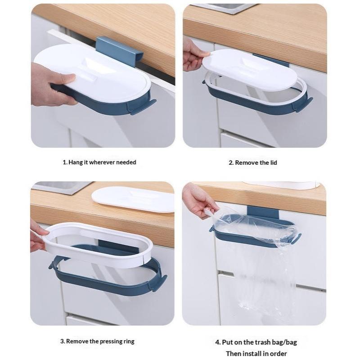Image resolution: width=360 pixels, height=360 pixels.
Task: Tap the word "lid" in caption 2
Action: tap(274, 163)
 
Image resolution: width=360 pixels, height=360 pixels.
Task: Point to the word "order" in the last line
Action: tap(278, 354)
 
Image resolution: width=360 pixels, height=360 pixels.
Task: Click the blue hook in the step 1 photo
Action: tap(119, 51)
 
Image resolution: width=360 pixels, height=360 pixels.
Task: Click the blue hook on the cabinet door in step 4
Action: tap(263, 212)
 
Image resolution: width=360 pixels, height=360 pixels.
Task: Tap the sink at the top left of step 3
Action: tap(62, 187)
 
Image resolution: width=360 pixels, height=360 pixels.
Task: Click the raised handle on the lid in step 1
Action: tap(90, 68)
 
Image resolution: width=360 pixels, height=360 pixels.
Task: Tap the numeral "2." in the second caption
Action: tap(231, 163)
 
